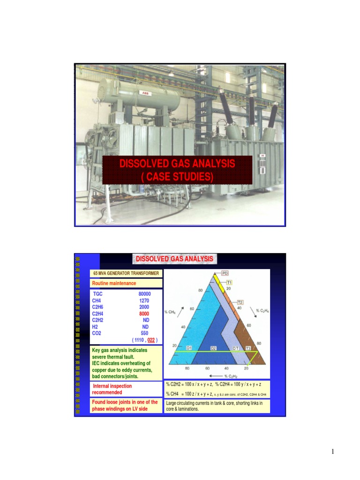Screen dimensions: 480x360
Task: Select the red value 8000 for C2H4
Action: [144, 314]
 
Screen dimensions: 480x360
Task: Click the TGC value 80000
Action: [144, 294]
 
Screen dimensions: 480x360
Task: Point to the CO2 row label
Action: [97, 333]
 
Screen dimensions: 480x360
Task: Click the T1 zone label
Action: [230, 282]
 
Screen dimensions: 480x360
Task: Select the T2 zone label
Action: [240, 302]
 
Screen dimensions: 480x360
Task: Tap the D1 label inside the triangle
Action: [190, 348]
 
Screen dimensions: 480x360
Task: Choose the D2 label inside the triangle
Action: [213, 348]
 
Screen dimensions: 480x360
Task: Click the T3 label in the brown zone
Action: [248, 348]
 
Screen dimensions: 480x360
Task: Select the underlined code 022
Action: [151, 340]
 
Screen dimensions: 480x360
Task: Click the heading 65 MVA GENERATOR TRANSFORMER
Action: [126, 273]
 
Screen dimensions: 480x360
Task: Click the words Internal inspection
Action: [112, 386]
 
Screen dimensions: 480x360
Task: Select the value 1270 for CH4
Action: [144, 300]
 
